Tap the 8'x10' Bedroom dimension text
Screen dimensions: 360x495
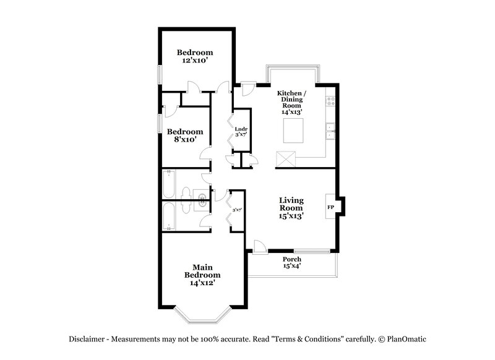(x=185, y=140)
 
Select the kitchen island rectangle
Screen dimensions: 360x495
(x=295, y=131)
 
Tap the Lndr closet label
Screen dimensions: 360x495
(x=241, y=129)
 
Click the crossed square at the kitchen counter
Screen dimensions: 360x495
(x=286, y=158)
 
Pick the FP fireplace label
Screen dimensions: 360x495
(x=330, y=207)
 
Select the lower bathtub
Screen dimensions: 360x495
(x=170, y=216)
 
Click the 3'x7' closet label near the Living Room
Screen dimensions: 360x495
(x=236, y=211)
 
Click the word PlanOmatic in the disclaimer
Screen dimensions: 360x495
(x=406, y=339)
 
